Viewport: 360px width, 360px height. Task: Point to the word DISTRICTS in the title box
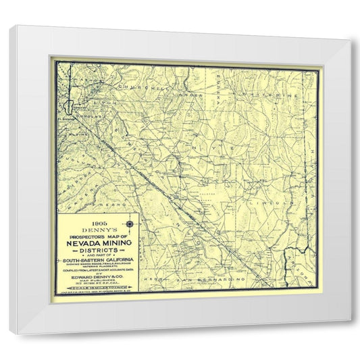98,252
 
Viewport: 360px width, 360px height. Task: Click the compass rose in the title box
129,224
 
